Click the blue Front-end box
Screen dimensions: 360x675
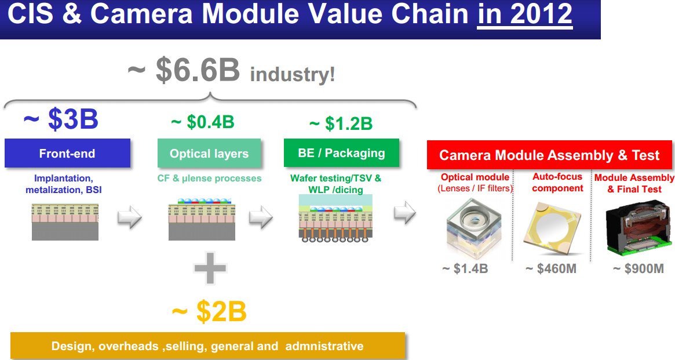(67, 154)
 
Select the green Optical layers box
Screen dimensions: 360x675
(209, 154)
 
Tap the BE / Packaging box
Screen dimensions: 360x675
(341, 153)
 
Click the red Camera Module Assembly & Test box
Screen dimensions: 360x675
(549, 155)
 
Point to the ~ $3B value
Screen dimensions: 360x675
(61, 119)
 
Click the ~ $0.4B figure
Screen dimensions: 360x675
(202, 122)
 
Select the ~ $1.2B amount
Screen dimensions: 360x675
(341, 123)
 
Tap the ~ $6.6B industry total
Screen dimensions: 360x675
(183, 71)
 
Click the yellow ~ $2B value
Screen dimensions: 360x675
(209, 312)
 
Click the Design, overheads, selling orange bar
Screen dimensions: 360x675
(207, 346)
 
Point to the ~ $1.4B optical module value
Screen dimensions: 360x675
(465, 269)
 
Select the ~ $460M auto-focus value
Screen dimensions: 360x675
(550, 269)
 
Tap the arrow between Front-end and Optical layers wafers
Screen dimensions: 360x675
(130, 217)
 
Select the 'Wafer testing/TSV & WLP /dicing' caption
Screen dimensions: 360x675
(336, 184)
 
